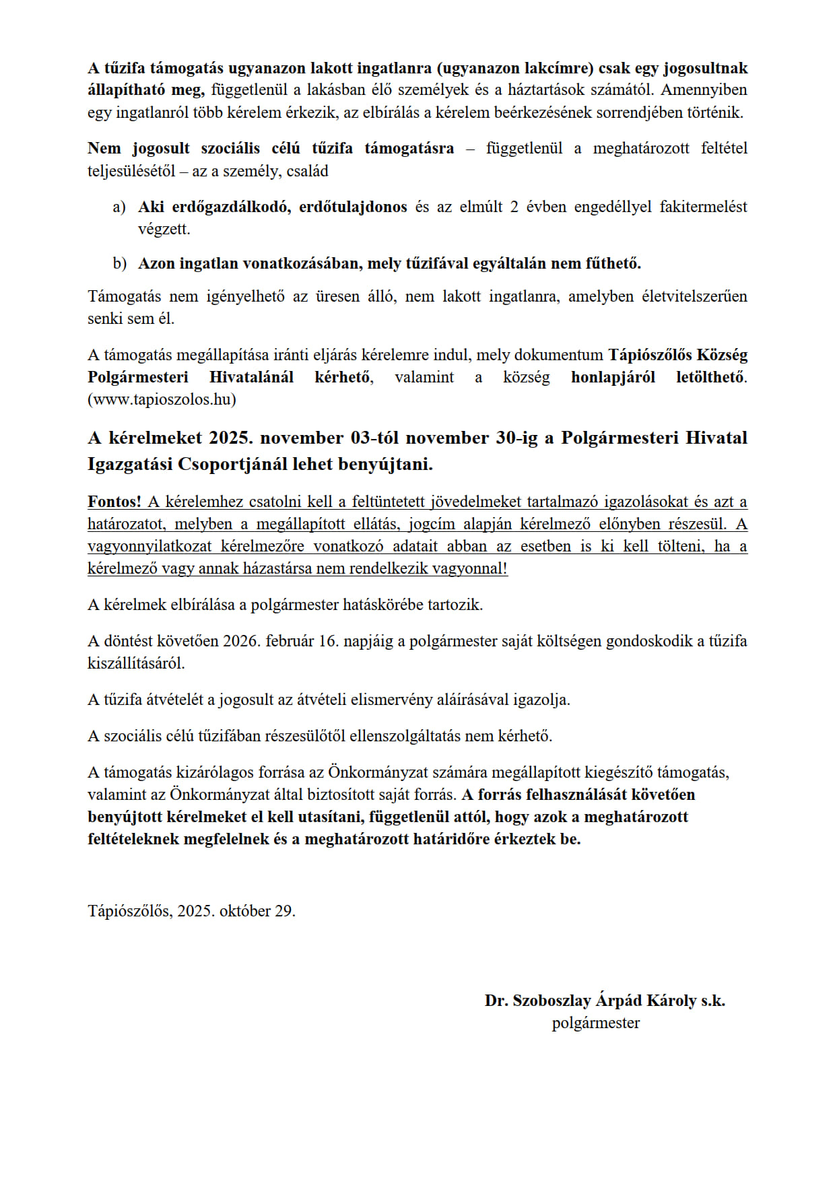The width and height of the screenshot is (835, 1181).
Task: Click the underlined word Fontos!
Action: (114, 502)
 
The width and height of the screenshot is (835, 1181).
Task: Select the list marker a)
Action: (119, 207)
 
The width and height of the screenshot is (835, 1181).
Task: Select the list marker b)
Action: (120, 263)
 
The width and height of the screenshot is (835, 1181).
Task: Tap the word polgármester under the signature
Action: (595, 1023)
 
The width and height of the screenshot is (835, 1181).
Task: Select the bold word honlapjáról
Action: (613, 377)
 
